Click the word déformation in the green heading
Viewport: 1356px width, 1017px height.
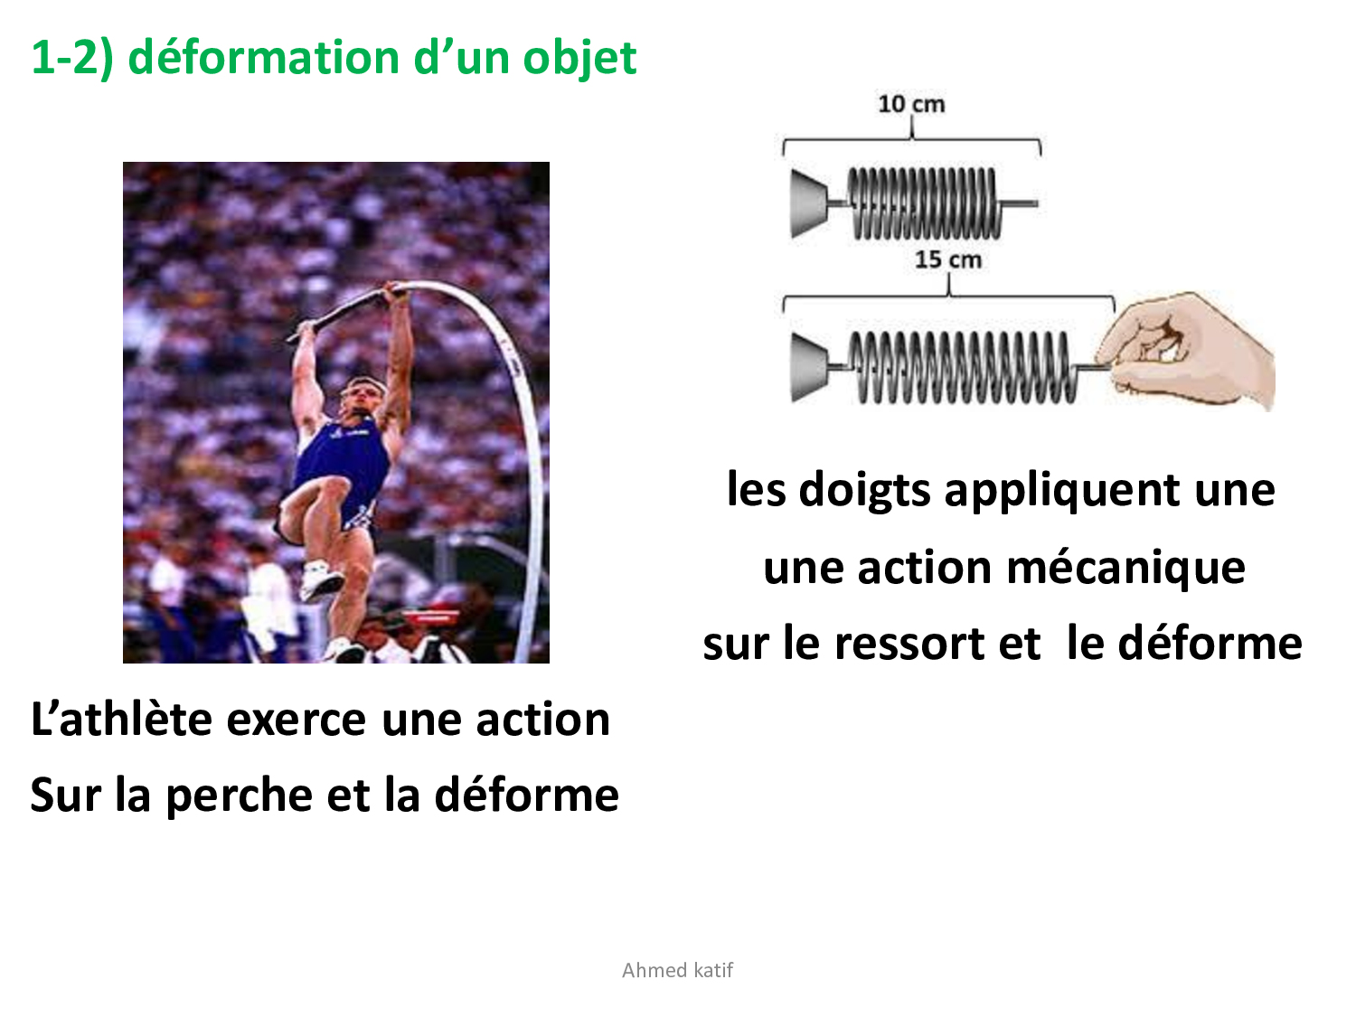264,58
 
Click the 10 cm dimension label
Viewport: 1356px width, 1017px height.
911,104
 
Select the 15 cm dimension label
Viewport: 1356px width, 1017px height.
947,259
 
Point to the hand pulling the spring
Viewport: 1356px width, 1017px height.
1186,352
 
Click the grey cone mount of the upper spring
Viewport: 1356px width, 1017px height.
809,203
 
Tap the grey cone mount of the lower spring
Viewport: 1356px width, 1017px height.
809,367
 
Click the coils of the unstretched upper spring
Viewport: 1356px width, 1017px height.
925,203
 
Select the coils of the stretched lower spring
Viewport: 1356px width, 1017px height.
962,367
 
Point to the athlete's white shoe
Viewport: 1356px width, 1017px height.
321,580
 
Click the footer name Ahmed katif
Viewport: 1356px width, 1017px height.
677,970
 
